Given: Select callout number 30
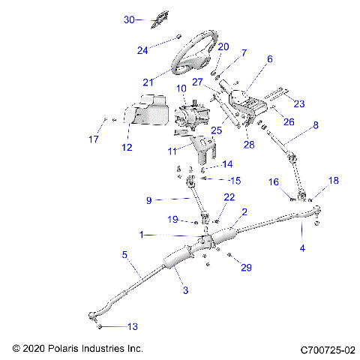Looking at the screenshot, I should (x=128, y=20).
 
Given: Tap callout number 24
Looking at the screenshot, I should (x=142, y=50).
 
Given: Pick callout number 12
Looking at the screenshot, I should (x=127, y=147).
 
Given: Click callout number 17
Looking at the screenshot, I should (x=94, y=139).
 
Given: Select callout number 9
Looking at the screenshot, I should (x=149, y=200).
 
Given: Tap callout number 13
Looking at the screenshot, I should (x=133, y=326).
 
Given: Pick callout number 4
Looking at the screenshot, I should (x=303, y=247).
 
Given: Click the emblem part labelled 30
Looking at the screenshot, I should (x=157, y=20).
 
